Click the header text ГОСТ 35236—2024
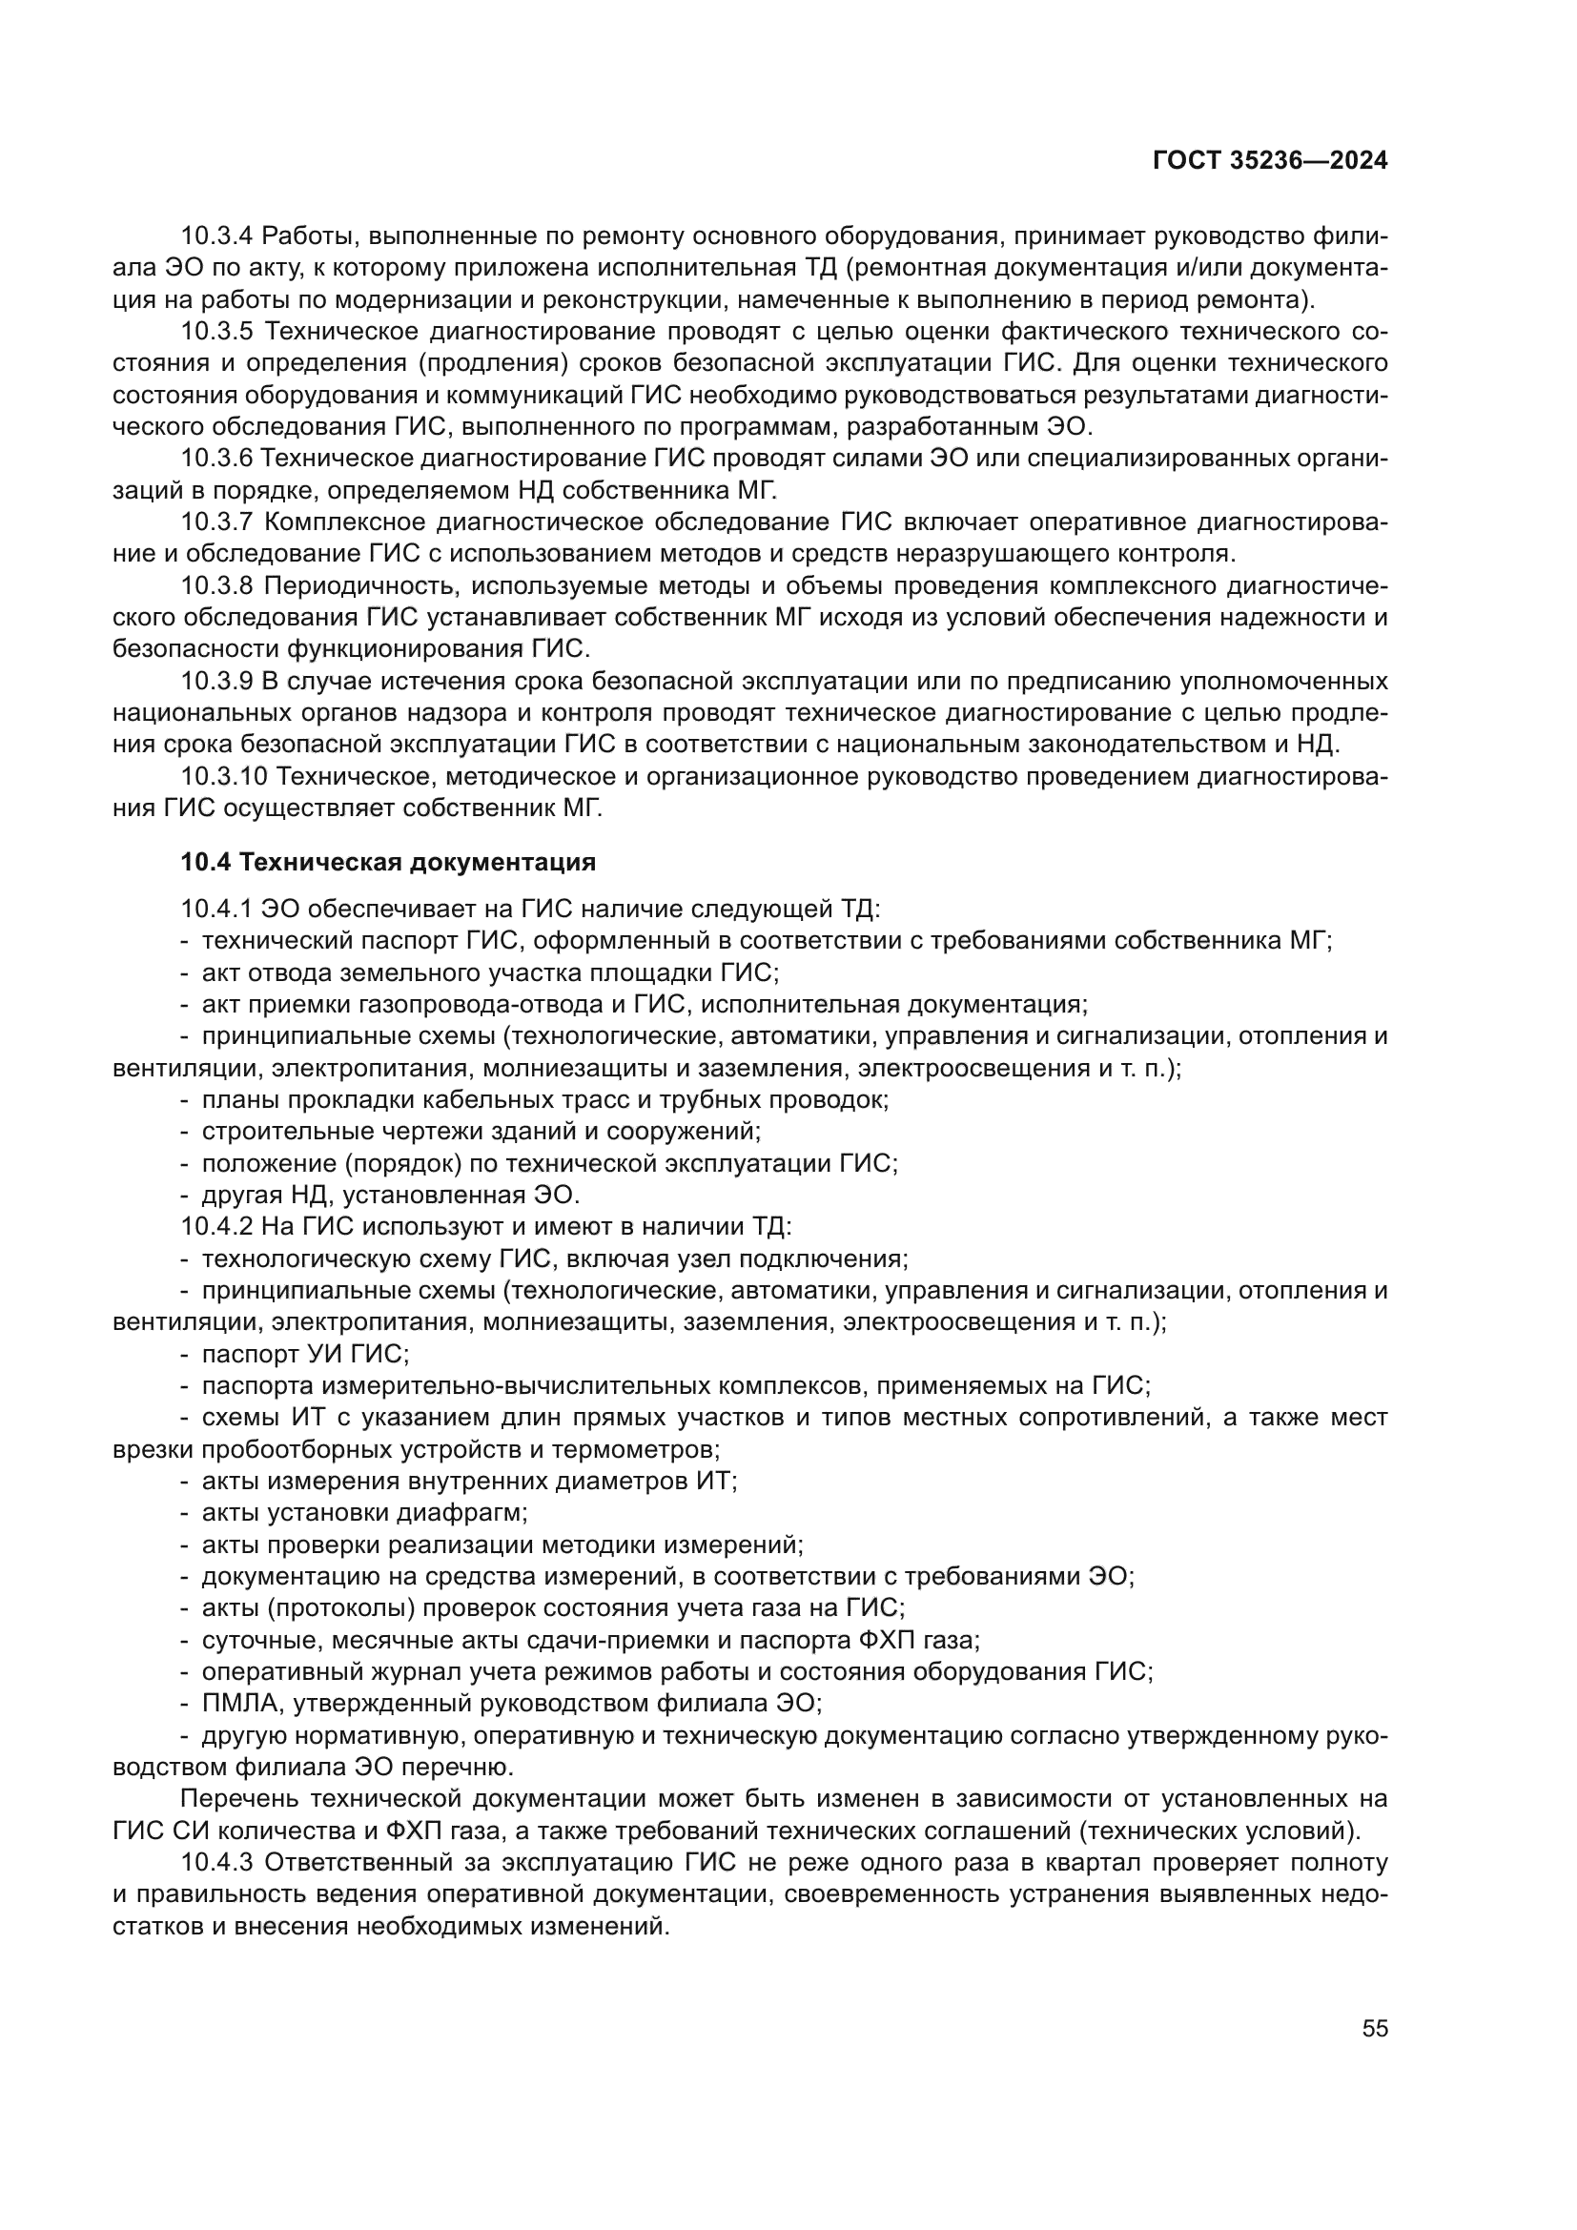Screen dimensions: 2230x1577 tap(1269, 161)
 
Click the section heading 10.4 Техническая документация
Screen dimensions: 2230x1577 tap(387, 862)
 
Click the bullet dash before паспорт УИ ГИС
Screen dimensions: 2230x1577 tap(185, 1354)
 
